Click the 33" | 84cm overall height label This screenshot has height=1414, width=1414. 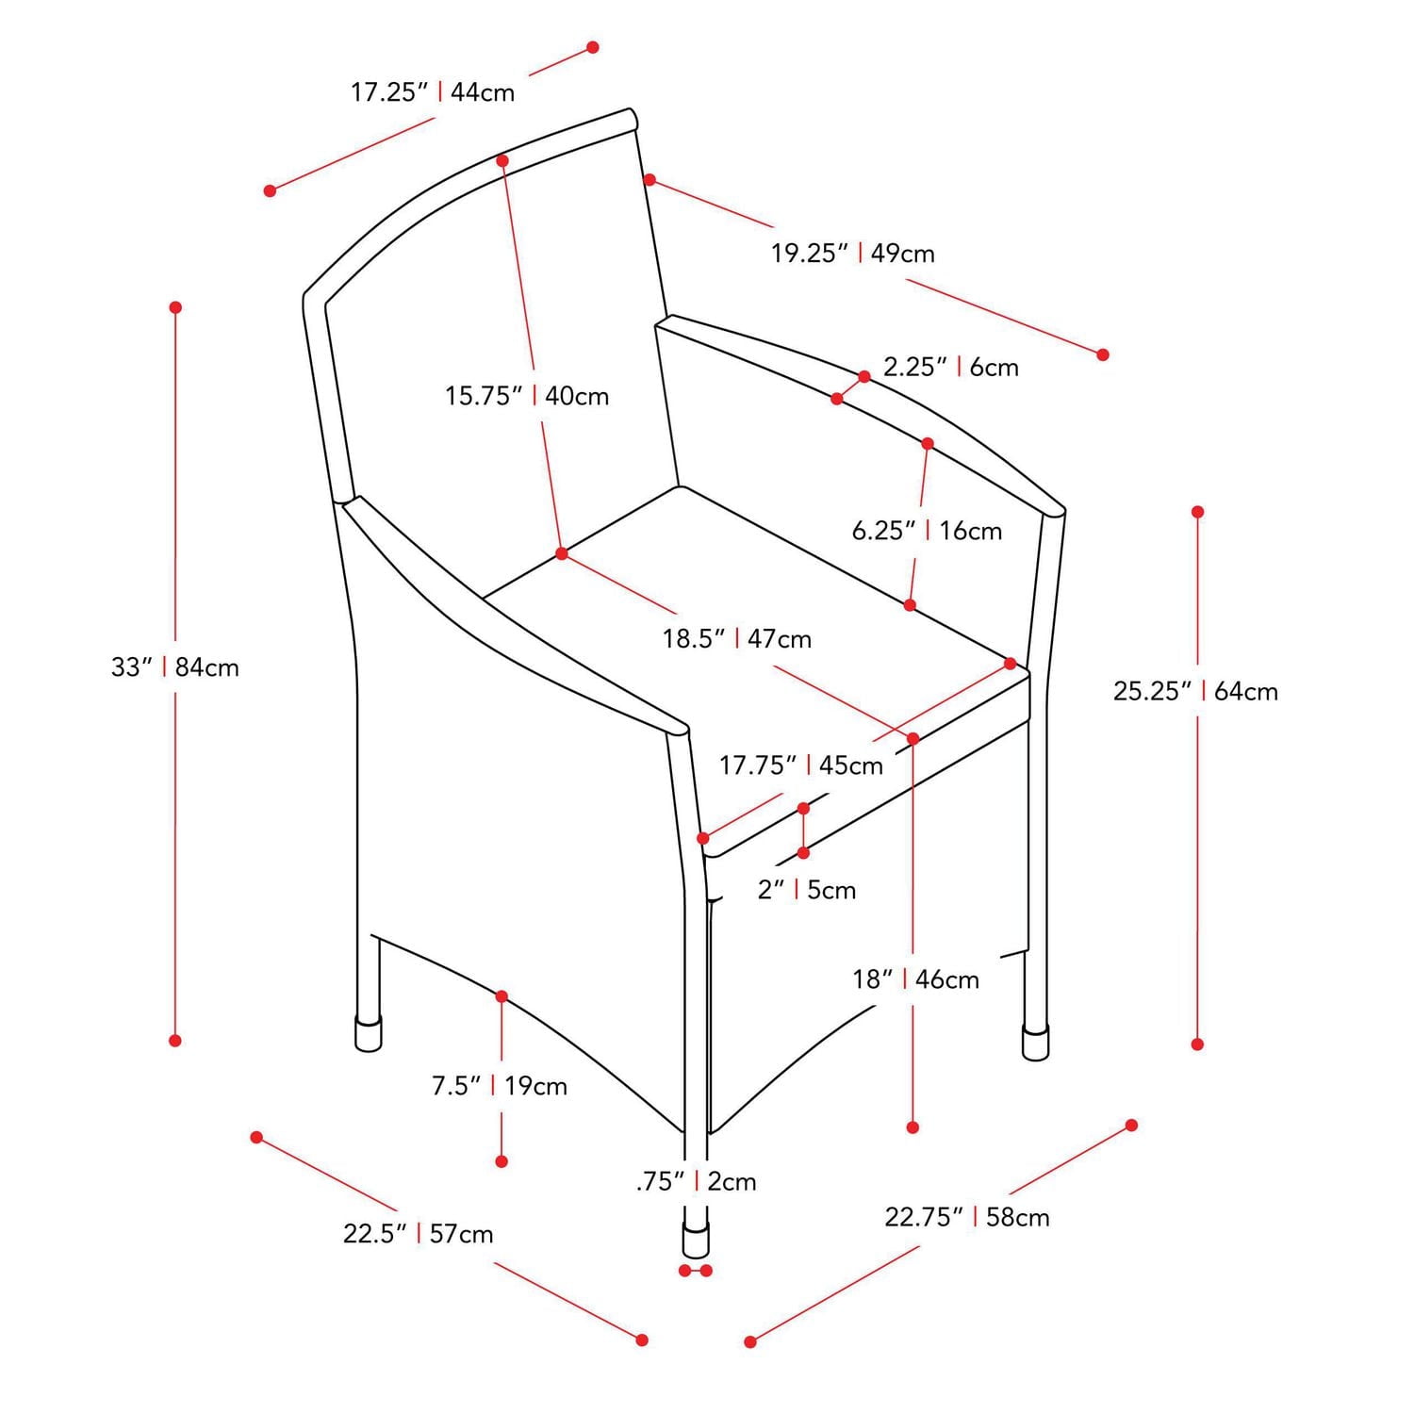[175, 667]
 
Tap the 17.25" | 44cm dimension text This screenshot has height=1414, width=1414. [433, 92]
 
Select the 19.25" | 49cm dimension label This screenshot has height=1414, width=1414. [853, 254]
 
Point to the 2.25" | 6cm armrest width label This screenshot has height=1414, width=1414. [951, 367]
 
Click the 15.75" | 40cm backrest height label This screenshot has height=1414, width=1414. [527, 396]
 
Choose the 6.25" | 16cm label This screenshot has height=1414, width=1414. [927, 531]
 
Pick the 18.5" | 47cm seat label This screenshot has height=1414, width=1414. [736, 639]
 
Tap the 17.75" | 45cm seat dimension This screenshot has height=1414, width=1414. [801, 765]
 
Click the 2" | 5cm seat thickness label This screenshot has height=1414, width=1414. [807, 890]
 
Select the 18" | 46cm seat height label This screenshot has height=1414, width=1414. [915, 979]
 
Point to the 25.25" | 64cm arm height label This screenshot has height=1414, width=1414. [1195, 691]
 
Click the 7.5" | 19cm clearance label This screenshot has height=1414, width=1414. [500, 1086]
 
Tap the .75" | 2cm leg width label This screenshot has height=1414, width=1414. [697, 1181]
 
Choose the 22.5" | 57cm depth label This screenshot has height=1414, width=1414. [419, 1234]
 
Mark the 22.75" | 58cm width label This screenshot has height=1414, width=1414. [967, 1217]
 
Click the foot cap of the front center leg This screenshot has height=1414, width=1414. [697, 1241]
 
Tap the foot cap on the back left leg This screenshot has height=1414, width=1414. [369, 1033]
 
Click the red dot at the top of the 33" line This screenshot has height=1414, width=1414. [175, 307]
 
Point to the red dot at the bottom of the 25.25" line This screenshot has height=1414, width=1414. [1197, 1044]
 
